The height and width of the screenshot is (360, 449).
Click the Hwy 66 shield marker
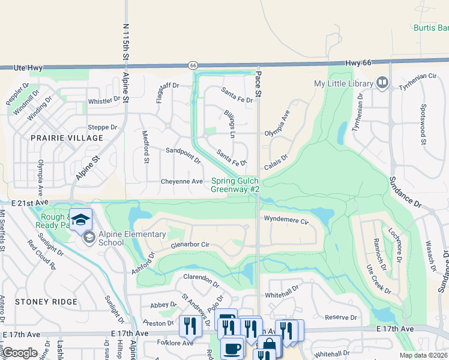[x=193, y=65]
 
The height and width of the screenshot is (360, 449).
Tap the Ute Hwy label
[x=28, y=68]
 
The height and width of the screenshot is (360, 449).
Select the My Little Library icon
[x=382, y=83]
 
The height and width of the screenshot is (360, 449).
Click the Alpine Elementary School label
[x=124, y=238]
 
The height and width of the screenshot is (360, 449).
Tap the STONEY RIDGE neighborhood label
[x=47, y=302]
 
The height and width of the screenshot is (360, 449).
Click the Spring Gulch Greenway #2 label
[x=235, y=185]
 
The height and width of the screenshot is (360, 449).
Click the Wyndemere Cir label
[x=286, y=220]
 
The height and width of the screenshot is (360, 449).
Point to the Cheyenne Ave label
[x=182, y=181]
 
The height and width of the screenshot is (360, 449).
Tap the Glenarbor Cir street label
[x=190, y=245]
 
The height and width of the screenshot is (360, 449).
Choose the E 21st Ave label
[x=28, y=204]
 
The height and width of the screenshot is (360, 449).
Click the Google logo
[x=20, y=353]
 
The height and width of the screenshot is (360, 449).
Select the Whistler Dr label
[x=104, y=101]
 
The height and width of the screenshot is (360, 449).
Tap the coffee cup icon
[x=232, y=348]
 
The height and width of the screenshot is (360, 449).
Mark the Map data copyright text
[x=424, y=355]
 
